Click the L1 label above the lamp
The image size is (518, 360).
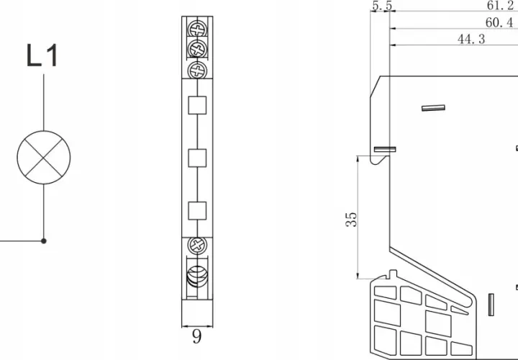(x=42, y=55)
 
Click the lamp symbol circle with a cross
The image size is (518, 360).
(x=44, y=158)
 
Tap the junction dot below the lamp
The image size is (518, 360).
(x=44, y=241)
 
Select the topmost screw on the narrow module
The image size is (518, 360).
(x=197, y=30)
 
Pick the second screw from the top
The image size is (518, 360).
(x=197, y=50)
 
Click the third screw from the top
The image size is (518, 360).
(x=197, y=70)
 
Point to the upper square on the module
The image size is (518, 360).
(x=197, y=105)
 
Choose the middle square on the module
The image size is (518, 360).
(x=197, y=158)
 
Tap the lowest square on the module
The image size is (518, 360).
(x=197, y=211)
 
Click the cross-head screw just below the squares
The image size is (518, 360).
(x=197, y=246)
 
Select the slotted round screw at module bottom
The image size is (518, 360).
(x=197, y=276)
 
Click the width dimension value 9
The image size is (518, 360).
(x=196, y=337)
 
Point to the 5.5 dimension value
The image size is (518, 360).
(x=382, y=6)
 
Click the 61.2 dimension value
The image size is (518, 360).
(x=500, y=5)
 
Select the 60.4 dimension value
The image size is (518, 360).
(x=499, y=22)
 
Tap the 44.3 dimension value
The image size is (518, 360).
(x=471, y=39)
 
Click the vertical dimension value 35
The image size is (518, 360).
(x=352, y=220)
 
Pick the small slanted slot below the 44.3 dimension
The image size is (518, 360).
(x=433, y=108)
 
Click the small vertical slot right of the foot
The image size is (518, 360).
(x=491, y=305)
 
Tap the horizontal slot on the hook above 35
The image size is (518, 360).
(x=385, y=150)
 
